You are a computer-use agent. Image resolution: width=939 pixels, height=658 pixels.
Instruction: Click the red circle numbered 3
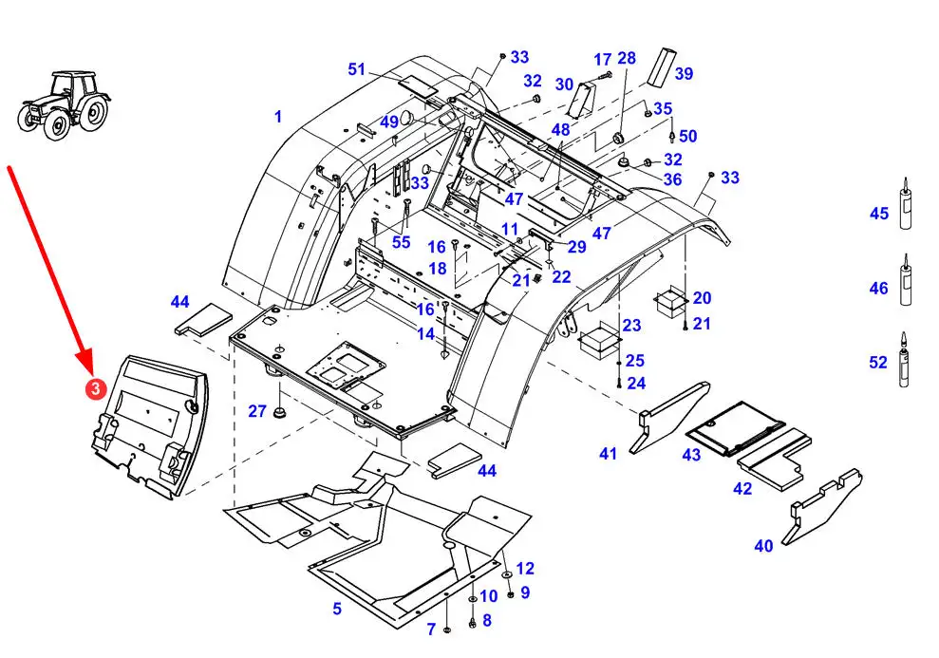(95, 388)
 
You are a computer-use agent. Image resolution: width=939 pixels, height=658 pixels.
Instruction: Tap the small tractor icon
(64, 105)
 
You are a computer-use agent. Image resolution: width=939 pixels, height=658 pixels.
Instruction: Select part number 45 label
(879, 213)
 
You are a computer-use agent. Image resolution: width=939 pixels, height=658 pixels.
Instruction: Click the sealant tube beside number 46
(906, 279)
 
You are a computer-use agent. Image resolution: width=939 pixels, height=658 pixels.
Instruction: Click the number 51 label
(357, 69)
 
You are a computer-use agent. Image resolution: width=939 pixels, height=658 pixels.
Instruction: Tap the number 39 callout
(684, 74)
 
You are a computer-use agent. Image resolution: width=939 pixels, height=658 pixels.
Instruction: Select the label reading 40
(763, 545)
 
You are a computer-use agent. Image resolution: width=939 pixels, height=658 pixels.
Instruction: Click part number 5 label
(337, 609)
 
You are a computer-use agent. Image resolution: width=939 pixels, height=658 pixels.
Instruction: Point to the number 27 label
(257, 411)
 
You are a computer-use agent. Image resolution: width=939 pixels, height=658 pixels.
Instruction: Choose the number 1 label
(278, 117)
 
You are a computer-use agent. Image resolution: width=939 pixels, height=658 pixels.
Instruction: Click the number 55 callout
(402, 242)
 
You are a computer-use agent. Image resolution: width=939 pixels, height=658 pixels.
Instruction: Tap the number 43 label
(692, 455)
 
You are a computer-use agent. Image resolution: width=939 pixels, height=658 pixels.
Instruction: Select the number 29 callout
(576, 247)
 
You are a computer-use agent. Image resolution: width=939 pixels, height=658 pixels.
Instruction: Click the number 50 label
(688, 137)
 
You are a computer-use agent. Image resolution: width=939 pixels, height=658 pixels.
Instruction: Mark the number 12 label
(525, 568)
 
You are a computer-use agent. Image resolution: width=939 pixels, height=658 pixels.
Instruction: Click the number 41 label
(609, 454)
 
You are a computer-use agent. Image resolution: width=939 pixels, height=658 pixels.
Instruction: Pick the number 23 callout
(631, 325)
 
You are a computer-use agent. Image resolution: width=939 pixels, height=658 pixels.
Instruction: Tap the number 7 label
(431, 630)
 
